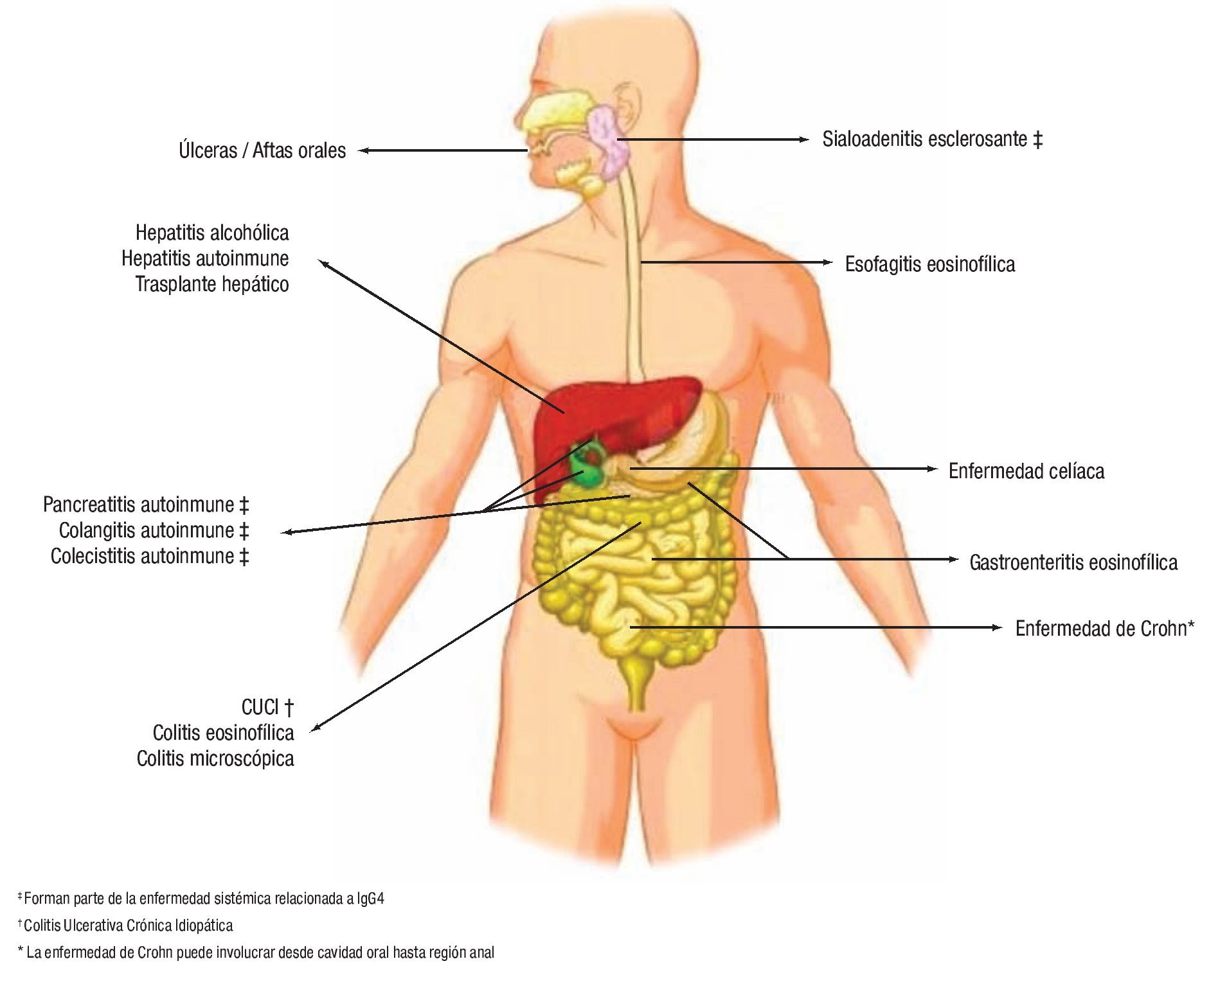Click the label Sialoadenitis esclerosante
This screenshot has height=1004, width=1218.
click(925, 139)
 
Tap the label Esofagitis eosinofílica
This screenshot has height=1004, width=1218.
click(929, 264)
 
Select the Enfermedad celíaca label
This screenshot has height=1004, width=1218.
click(1026, 471)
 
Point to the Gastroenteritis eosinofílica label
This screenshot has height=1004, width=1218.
click(1073, 562)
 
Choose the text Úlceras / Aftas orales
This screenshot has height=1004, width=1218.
click(262, 150)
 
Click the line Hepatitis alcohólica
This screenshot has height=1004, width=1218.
click(211, 233)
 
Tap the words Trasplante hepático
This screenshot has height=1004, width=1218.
click(211, 284)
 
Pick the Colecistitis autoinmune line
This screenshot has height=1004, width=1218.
click(142, 556)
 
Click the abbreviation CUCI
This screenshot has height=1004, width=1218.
click(260, 707)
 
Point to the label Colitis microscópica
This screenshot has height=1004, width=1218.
click(215, 758)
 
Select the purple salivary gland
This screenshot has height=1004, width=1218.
click(607, 141)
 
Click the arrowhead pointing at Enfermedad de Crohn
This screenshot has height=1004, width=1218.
click(997, 627)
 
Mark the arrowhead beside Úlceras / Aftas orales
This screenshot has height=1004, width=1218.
click(363, 150)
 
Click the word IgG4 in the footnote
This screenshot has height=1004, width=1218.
click(371, 899)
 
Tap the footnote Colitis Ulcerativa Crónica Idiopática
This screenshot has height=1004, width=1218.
click(128, 926)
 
